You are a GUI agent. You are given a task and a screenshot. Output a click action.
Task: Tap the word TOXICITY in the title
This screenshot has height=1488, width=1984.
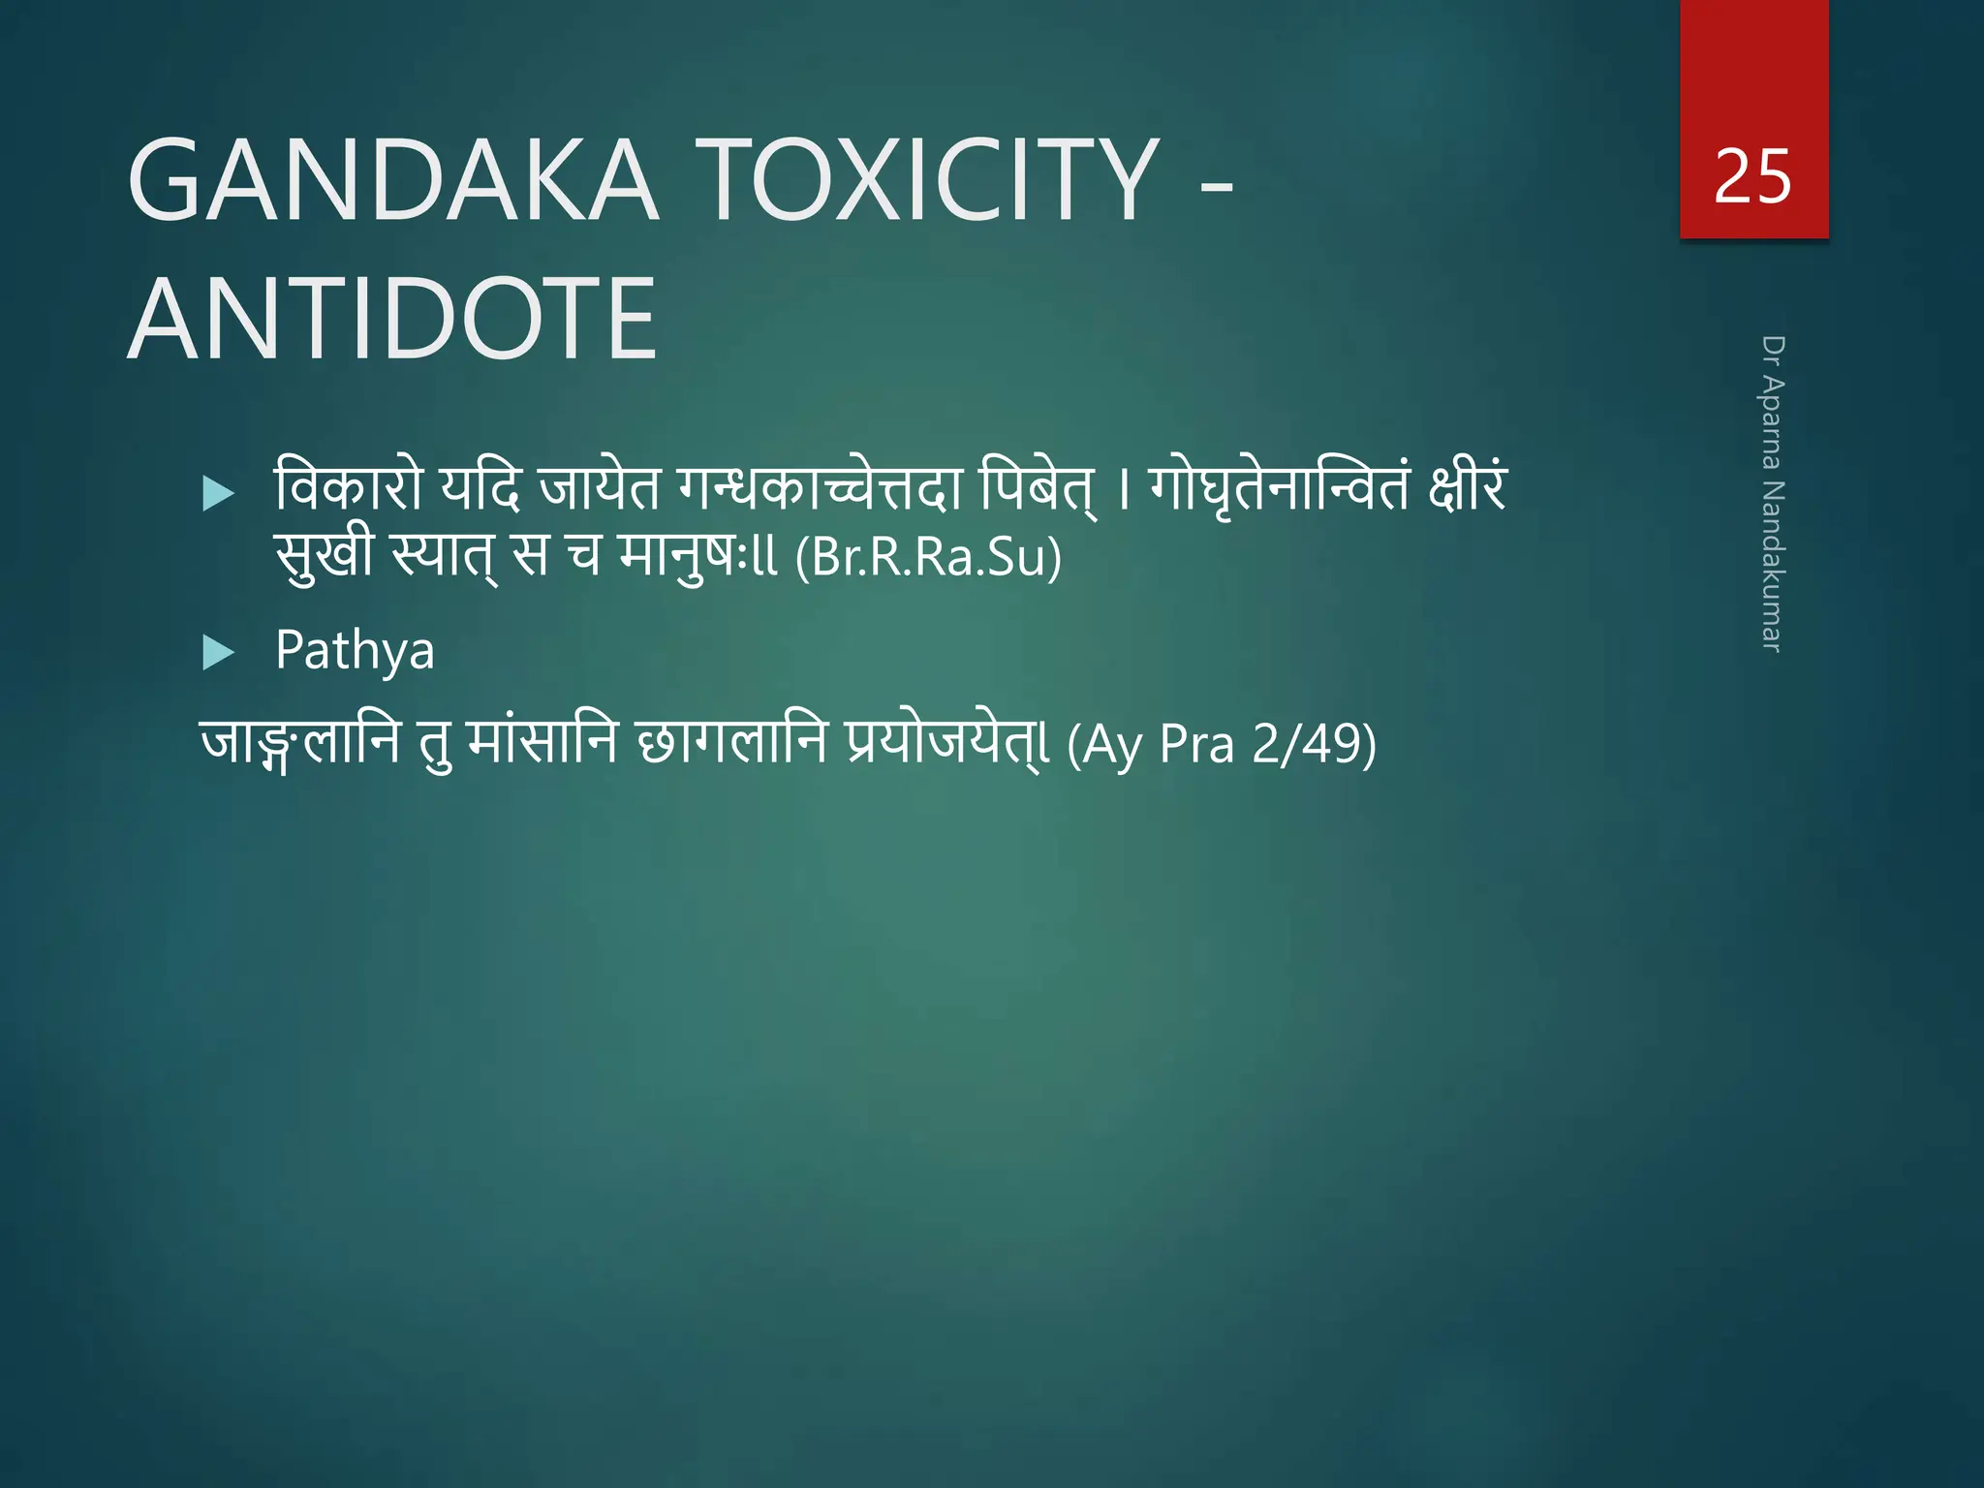934,180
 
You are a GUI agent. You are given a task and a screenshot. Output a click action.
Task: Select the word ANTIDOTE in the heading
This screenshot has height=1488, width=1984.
392,318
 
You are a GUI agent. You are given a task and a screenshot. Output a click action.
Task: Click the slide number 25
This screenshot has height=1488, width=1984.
1752,177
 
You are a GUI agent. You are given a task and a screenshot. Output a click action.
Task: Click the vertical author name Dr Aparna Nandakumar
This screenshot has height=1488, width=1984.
1772,494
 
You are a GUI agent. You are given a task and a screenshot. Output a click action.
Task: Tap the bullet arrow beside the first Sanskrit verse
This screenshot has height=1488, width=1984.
219,494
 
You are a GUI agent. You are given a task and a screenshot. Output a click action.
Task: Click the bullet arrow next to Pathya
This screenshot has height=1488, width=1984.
219,653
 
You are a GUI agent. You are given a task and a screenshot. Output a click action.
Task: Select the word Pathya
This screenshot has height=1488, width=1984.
355,650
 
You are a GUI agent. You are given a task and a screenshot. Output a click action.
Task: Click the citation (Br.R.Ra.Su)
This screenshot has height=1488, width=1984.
928,557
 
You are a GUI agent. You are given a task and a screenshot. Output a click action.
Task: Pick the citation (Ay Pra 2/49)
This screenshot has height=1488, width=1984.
1221,744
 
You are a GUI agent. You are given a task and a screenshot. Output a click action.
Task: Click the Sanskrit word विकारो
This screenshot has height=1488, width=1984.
349,487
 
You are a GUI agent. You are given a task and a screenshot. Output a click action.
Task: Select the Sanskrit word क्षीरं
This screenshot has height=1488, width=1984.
1467,487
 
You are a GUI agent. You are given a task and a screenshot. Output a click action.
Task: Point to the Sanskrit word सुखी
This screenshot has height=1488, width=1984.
324,555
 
